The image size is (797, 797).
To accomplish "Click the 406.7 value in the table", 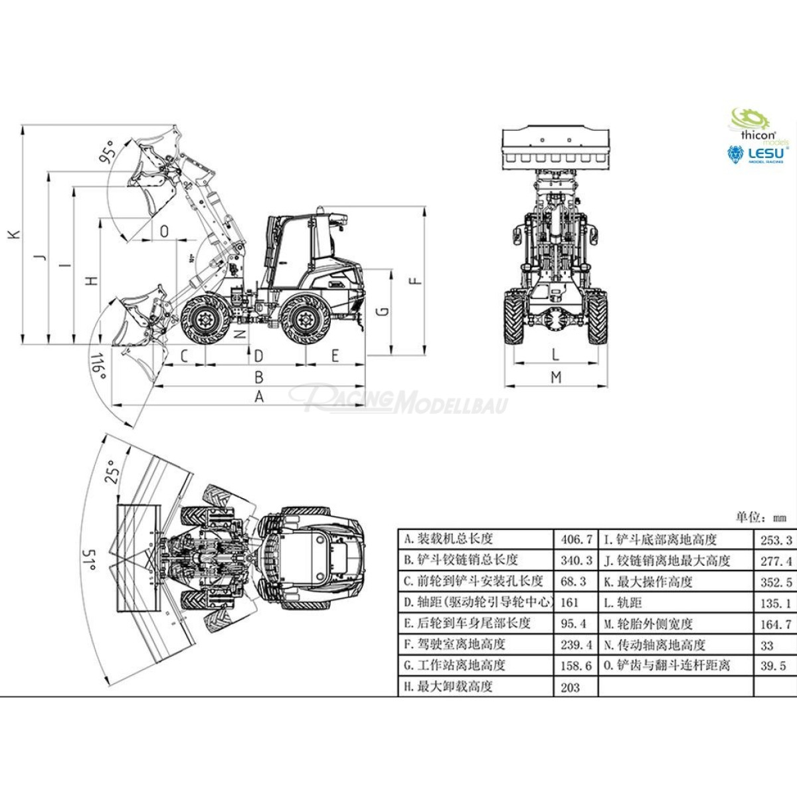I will click(576, 539).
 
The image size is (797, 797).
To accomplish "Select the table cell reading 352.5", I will click(776, 582).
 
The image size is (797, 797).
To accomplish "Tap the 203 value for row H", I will click(570, 687).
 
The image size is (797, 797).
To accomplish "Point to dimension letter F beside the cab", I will click(416, 280).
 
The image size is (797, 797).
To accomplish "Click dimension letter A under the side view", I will click(260, 397).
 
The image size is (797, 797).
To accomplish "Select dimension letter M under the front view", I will click(556, 377).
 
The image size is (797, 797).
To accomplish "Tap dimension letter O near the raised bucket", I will click(164, 230).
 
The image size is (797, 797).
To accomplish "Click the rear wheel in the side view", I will click(306, 319).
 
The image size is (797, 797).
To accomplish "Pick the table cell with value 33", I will click(767, 645).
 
